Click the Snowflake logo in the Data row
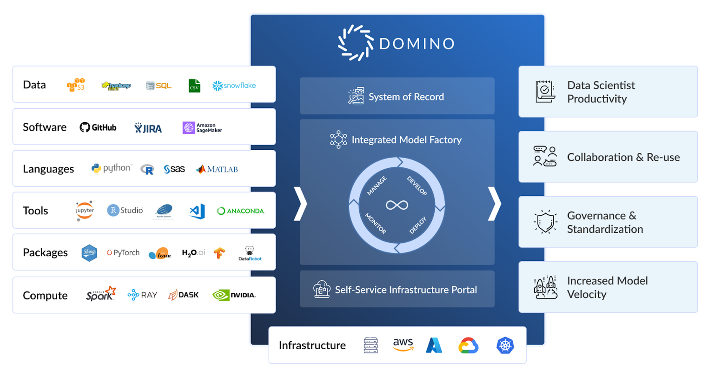[234, 86]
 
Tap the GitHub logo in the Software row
[98, 127]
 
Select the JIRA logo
[148, 128]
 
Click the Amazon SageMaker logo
[202, 128]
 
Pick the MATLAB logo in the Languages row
[217, 169]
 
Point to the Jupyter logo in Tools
[85, 211]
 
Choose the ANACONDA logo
[241, 211]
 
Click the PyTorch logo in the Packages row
[123, 252]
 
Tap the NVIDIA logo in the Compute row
[234, 295]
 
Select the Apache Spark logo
[100, 294]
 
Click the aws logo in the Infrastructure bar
[403, 345]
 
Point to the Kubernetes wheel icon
[505, 345]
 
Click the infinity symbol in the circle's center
[397, 205]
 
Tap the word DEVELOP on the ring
[417, 186]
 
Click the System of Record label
[406, 97]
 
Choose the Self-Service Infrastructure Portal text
[406, 290]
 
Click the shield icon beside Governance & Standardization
[545, 222]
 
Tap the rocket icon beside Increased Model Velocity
[545, 287]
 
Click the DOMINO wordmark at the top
[417, 44]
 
